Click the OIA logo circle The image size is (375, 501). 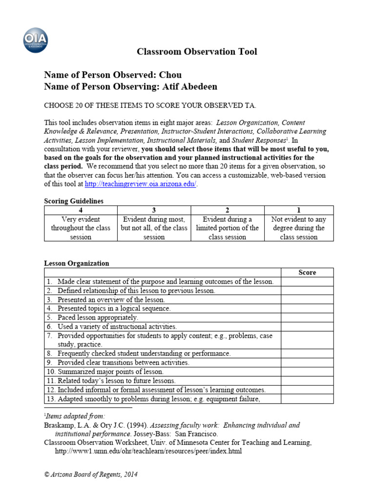36,40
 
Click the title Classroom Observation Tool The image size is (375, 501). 196,52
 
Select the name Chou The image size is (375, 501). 170,75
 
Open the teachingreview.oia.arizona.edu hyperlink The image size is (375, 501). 141,184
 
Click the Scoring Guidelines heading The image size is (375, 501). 74,201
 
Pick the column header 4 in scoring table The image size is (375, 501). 81,210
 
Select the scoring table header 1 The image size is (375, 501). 299,210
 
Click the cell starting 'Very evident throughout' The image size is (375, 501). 81,228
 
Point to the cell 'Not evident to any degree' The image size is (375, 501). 299,228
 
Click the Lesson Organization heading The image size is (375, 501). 77,263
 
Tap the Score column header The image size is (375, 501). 307,273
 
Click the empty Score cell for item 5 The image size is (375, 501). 307,318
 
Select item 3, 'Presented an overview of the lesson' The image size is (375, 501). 111,299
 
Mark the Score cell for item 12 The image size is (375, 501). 307,390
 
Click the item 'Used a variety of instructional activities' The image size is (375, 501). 117,326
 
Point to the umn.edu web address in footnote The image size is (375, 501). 148,451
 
